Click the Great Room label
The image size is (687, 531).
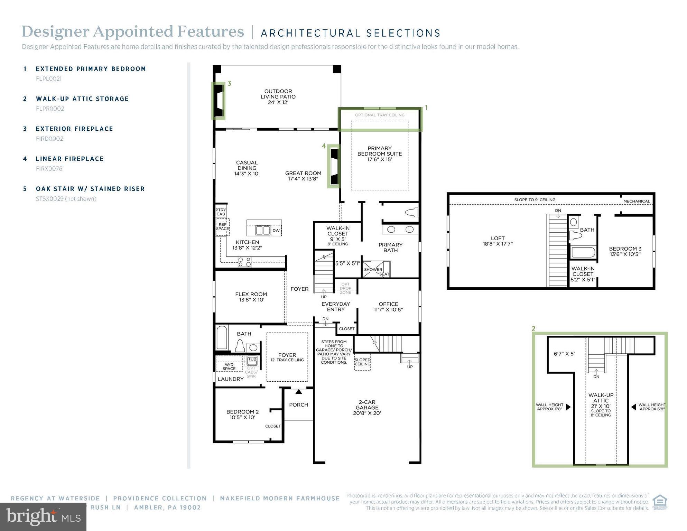point(303,176)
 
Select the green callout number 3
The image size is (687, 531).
point(229,84)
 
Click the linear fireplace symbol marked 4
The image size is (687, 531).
point(334,166)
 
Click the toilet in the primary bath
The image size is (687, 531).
point(411,212)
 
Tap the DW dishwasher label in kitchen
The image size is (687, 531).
point(276,231)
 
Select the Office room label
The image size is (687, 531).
point(388,307)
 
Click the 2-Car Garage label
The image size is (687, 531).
point(367,407)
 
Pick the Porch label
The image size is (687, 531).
point(298,405)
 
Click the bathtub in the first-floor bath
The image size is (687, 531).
point(222,337)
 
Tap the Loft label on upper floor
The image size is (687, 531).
point(498,241)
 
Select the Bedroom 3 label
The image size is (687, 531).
point(625,251)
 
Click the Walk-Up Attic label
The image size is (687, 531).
point(601,398)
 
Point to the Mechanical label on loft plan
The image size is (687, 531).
point(637,201)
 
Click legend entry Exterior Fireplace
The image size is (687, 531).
point(74,129)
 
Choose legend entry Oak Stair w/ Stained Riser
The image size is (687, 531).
point(90,189)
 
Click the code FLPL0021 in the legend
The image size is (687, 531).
point(49,79)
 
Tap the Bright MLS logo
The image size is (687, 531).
point(43,517)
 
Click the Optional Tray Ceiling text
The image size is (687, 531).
point(380,115)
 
